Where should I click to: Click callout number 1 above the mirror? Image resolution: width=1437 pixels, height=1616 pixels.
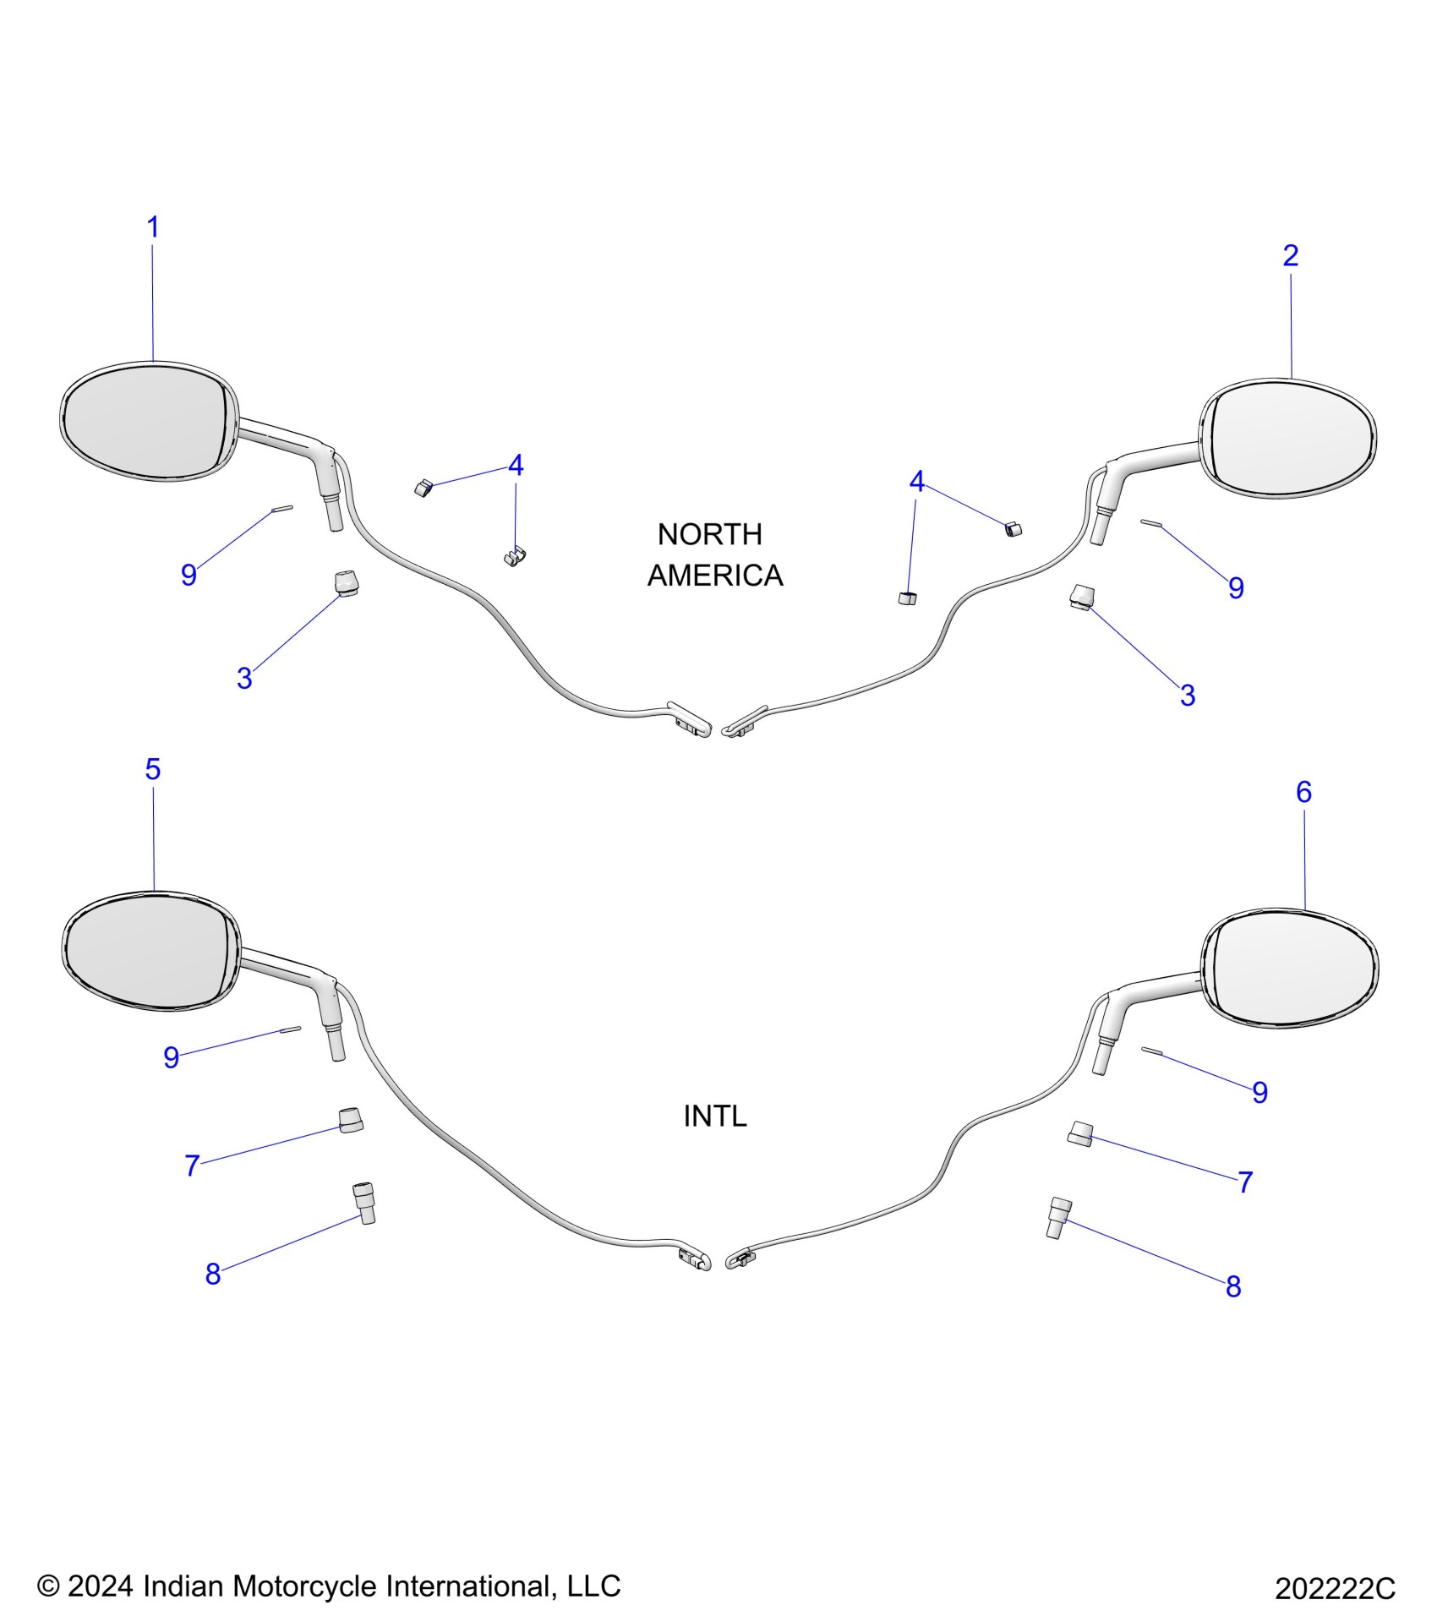(x=153, y=227)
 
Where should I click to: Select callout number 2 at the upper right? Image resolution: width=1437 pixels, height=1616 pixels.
(x=1290, y=255)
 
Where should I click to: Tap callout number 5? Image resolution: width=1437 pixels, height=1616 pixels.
(x=153, y=769)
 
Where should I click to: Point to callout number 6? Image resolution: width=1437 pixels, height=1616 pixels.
(x=1303, y=792)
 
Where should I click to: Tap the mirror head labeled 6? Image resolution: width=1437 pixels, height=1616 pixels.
(x=1290, y=968)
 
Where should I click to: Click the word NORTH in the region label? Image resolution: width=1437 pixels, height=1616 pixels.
(x=709, y=534)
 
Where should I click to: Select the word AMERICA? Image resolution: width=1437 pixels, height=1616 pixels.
(x=715, y=576)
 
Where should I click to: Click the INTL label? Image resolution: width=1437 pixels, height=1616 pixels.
(x=715, y=1116)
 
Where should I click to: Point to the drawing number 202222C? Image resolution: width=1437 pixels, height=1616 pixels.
(x=1335, y=1589)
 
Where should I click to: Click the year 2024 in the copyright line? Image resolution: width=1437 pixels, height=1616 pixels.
(x=100, y=1586)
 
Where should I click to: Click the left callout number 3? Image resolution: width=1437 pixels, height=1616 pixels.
(x=244, y=679)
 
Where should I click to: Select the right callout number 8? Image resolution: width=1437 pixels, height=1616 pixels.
(x=1233, y=1286)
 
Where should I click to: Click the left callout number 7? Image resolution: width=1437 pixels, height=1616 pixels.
(x=192, y=1166)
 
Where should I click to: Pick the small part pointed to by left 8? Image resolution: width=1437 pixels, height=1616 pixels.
(x=363, y=1203)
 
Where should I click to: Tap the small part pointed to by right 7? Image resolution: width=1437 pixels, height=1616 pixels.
(x=1080, y=1134)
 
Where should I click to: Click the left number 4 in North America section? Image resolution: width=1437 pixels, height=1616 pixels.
(x=515, y=465)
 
